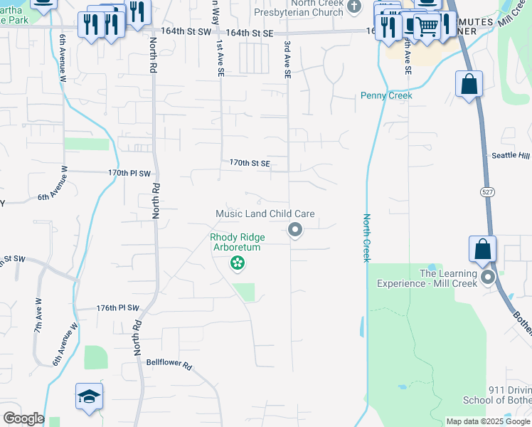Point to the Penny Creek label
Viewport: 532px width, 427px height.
tap(386, 95)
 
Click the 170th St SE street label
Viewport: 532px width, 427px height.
tap(250, 163)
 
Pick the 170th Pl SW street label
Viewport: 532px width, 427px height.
tap(130, 173)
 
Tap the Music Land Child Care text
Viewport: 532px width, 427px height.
tap(265, 213)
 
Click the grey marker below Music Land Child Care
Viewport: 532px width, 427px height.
tap(294, 229)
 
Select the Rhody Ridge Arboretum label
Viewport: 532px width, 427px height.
tap(235, 242)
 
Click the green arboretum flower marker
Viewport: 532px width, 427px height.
tap(238, 264)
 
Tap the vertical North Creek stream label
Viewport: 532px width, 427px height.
tap(367, 238)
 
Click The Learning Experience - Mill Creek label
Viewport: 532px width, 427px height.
tap(448, 278)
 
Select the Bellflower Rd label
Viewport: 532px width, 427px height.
tap(169, 364)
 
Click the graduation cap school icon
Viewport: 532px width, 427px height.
tap(89, 396)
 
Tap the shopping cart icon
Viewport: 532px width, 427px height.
tap(426, 26)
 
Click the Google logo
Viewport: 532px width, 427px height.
tap(23, 418)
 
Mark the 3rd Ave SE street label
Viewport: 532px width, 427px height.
tap(287, 58)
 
